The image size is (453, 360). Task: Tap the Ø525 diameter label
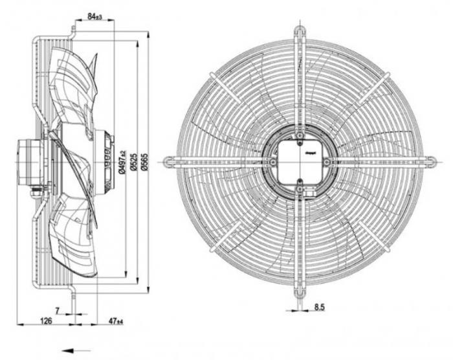click(133, 161)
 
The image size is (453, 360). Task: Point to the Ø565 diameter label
click(144, 161)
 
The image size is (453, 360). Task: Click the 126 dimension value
click(46, 321)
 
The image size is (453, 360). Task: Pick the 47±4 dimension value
click(115, 321)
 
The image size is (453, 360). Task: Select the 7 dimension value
click(58, 311)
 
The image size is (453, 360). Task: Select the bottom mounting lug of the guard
click(300, 293)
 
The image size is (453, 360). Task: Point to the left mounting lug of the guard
click(169, 161)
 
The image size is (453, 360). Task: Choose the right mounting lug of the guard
click(430, 161)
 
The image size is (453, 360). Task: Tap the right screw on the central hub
click(327, 161)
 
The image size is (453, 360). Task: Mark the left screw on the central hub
click(273, 161)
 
